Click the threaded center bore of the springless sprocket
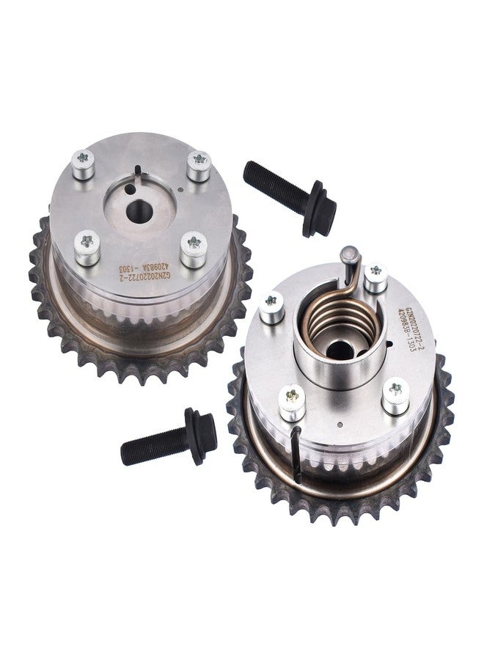(x=140, y=213)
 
